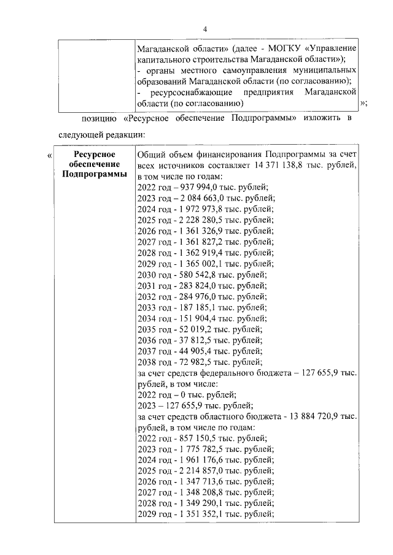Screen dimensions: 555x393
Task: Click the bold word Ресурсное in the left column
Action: click(x=94, y=155)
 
